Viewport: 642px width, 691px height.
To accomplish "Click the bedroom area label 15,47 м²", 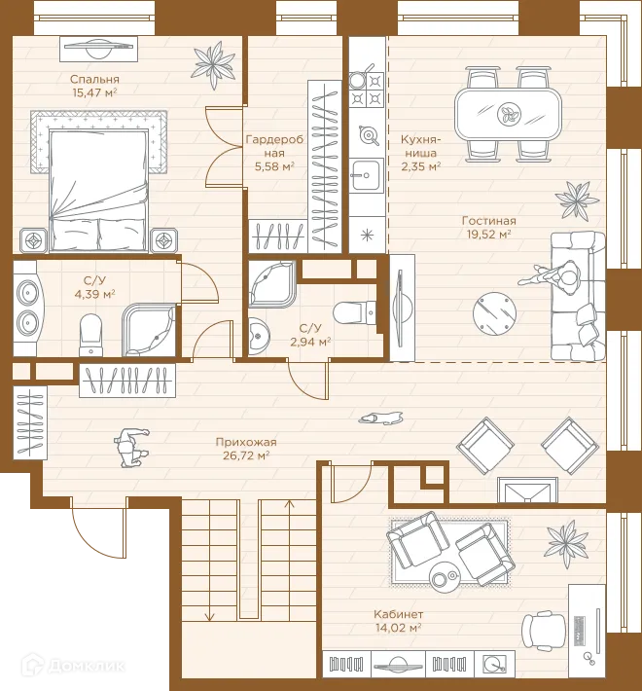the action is coord(94,92).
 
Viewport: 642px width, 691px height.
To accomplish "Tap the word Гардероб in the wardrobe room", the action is coord(274,140).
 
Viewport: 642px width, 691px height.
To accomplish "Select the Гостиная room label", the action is coord(488,220).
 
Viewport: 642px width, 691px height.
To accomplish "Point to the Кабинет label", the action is coord(399,614).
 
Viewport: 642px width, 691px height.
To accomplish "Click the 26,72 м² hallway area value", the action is coord(246,455).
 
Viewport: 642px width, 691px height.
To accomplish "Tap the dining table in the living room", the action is coord(508,114).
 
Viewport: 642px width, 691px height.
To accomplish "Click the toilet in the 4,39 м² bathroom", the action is coord(91,335).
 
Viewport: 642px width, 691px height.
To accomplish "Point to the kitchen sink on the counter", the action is coord(367,175).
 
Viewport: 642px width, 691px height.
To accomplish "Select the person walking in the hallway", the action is coord(131,447).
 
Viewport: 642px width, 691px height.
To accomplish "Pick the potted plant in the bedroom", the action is coord(214,64).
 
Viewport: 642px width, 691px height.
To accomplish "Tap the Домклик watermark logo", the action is coord(74,666).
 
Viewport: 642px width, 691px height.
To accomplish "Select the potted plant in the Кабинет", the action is coord(567,543).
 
